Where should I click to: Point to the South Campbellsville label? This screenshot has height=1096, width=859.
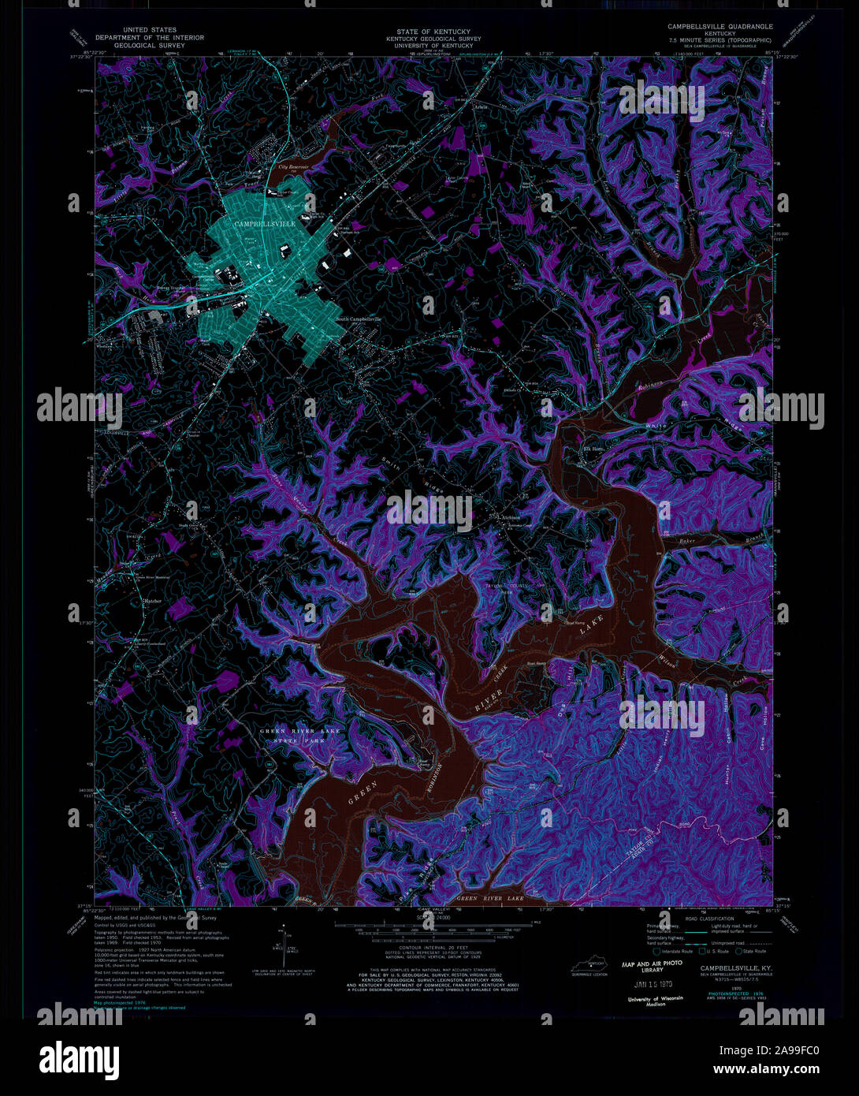point(359,319)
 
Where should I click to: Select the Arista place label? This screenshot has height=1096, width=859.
point(482,104)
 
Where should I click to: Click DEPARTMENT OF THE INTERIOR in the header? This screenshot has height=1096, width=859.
point(150,38)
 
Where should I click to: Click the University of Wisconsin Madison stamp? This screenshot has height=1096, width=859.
point(651,1001)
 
